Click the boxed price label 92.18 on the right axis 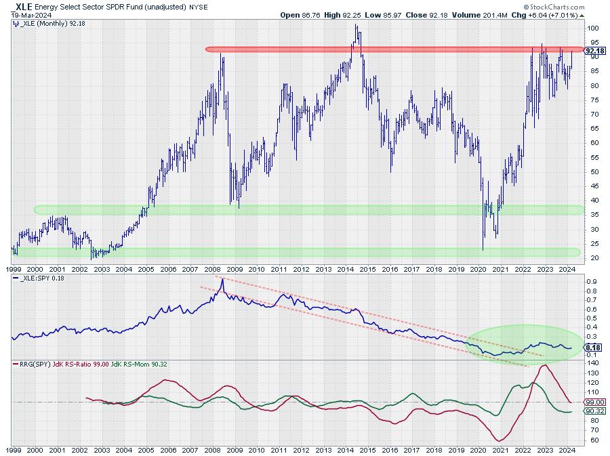(x=594, y=50)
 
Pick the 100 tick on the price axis (x=594, y=28)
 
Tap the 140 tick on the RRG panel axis (x=593, y=364)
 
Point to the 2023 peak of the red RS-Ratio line (x=544, y=366)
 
